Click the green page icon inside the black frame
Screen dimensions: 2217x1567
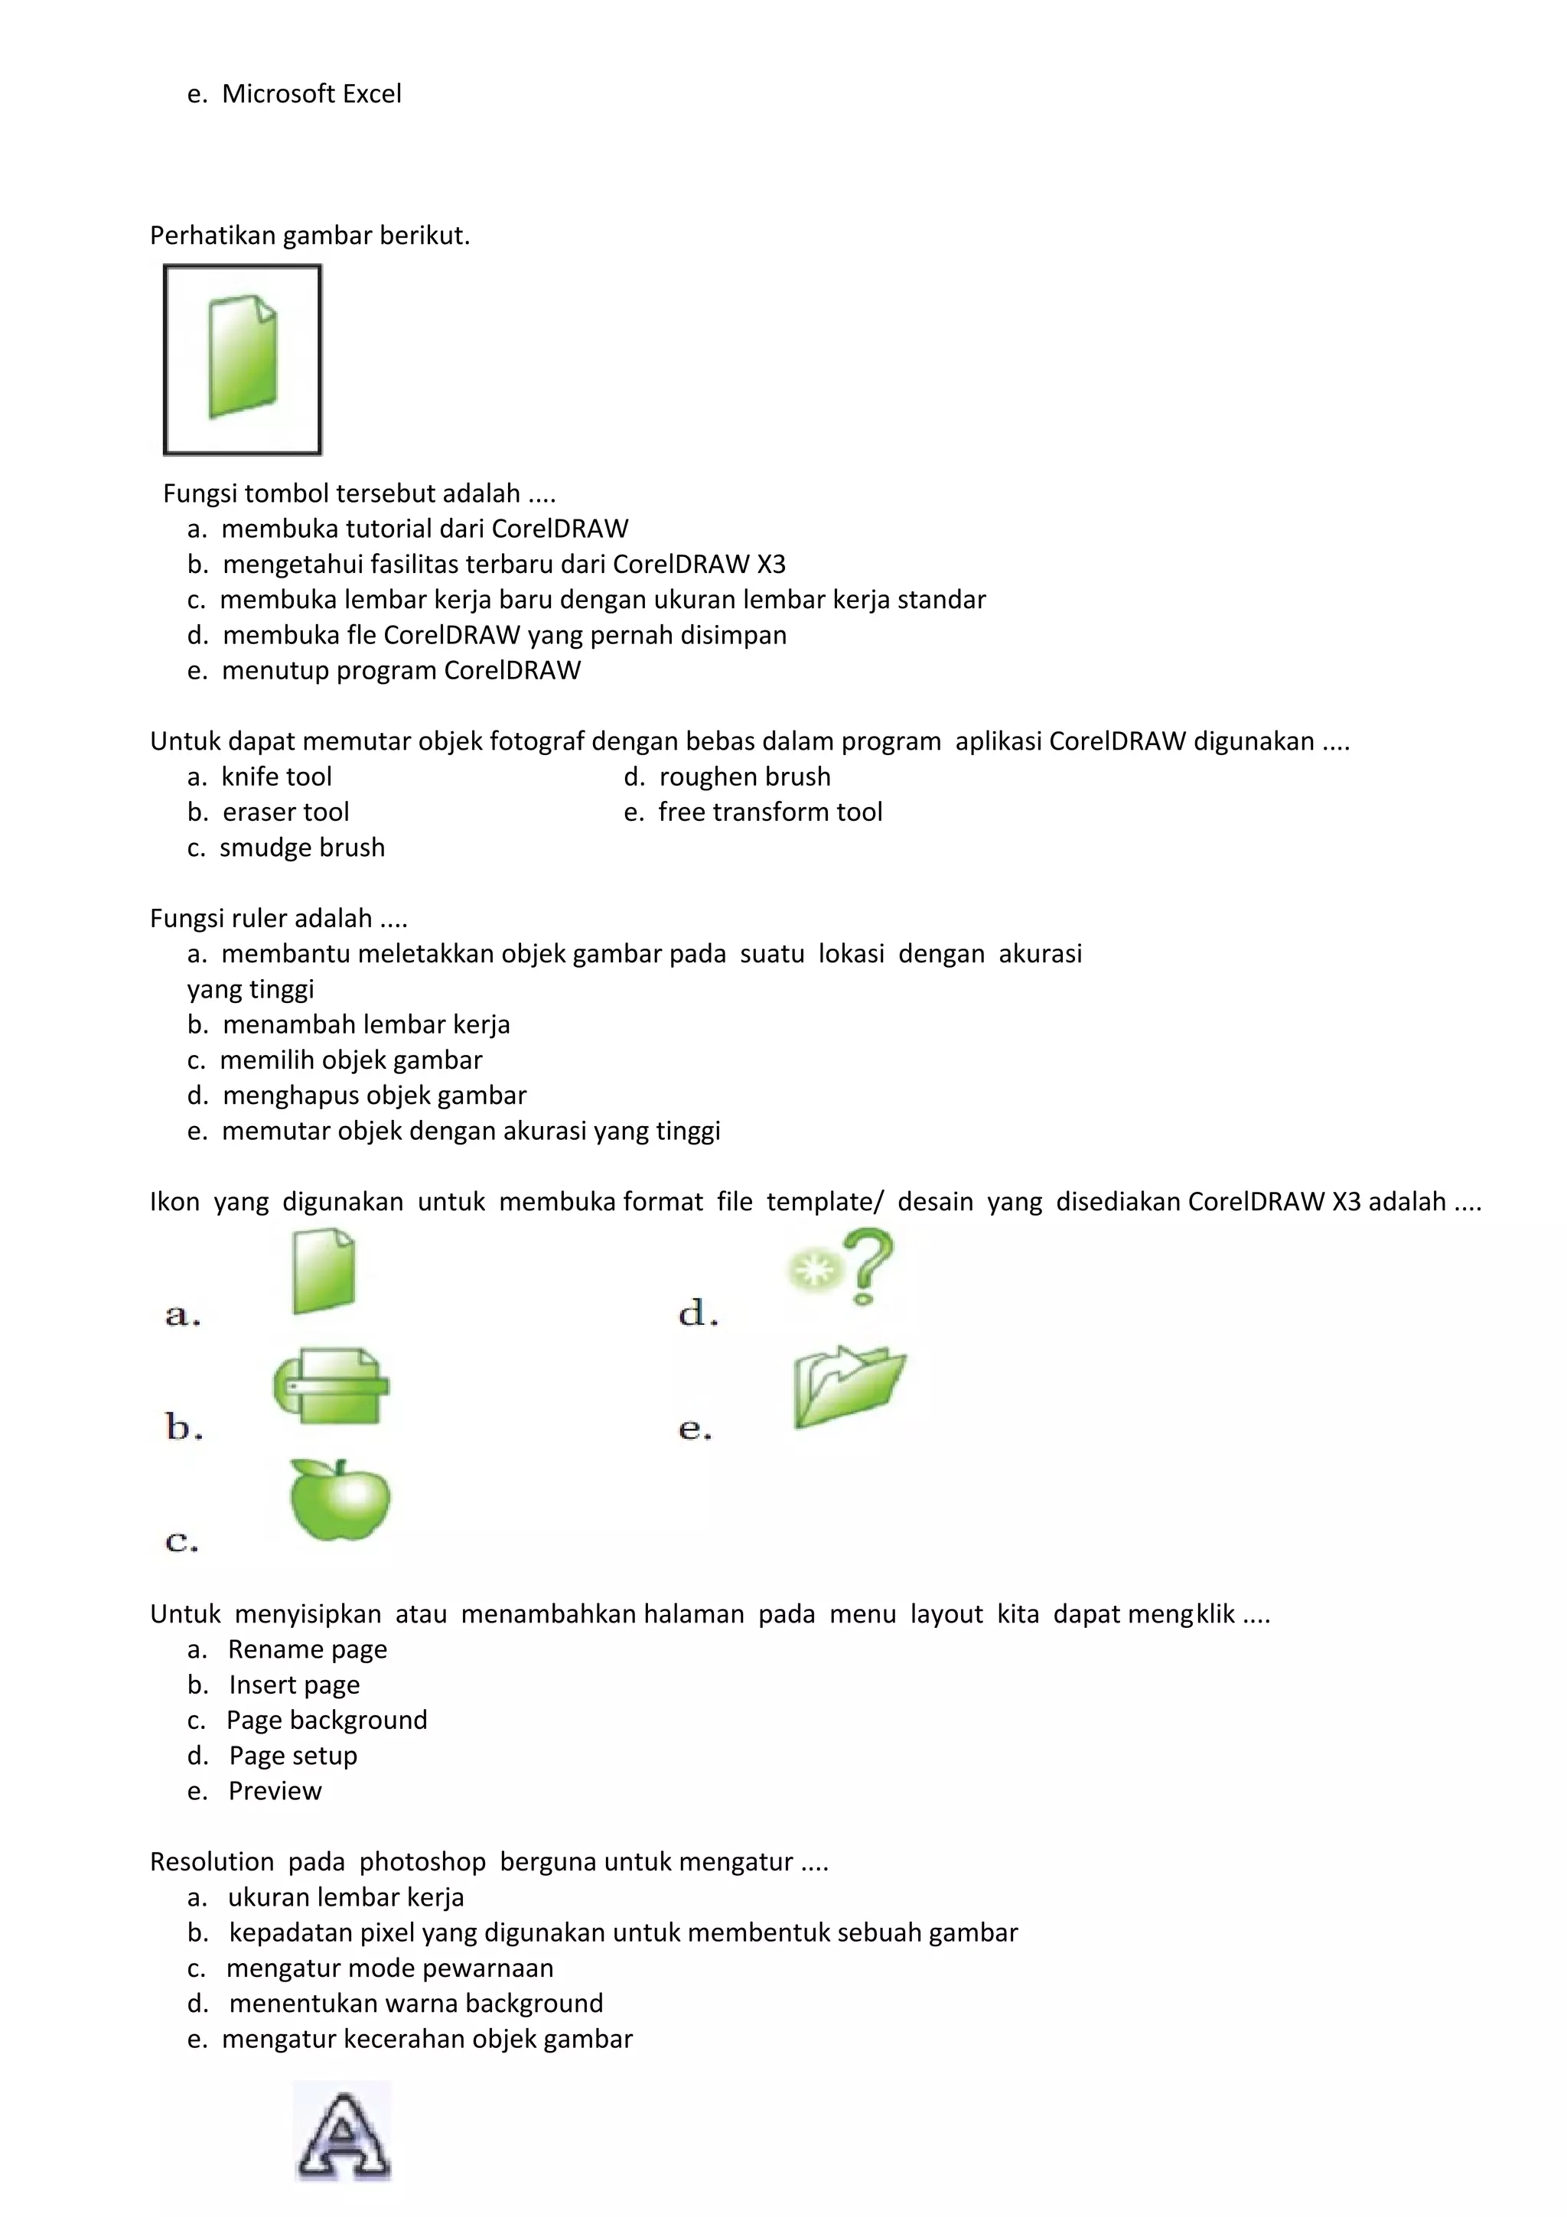[x=243, y=357]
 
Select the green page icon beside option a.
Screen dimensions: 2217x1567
[x=324, y=1271]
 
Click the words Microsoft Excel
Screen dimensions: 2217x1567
[x=311, y=93]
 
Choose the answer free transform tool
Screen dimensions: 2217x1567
[x=770, y=812]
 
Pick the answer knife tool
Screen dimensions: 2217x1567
[x=276, y=776]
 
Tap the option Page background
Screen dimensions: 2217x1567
[x=327, y=1720]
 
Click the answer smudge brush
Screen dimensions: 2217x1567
[x=302, y=848]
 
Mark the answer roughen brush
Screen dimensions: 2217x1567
[x=744, y=776]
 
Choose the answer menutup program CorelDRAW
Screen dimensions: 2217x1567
[x=401, y=670]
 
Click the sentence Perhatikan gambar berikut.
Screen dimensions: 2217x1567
[x=310, y=236]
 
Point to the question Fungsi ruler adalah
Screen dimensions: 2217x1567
[x=278, y=918]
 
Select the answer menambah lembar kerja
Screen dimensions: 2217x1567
[x=366, y=1024]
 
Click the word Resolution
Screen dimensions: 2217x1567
[x=211, y=1862]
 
